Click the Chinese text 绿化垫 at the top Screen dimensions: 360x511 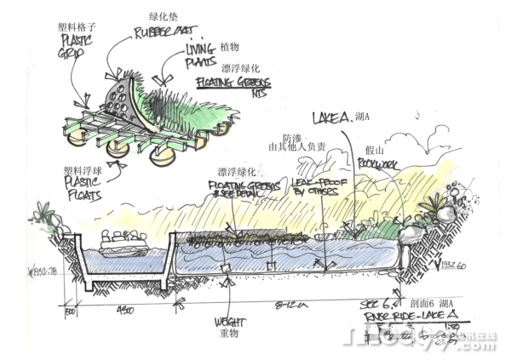tap(162, 15)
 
